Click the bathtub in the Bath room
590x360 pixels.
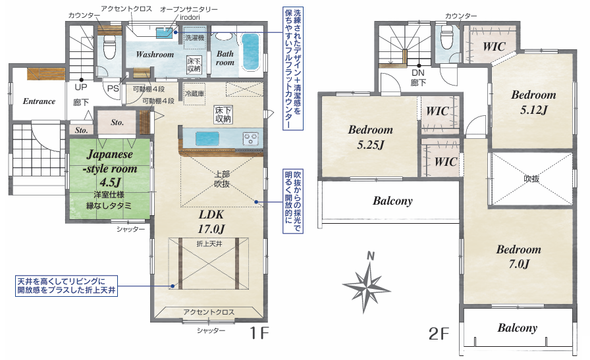coord(250,51)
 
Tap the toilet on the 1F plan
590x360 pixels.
coord(109,47)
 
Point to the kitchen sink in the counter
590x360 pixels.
coord(207,138)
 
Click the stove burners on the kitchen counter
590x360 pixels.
coord(251,138)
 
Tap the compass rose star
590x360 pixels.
coord(367,284)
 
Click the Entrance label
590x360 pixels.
coord(39,101)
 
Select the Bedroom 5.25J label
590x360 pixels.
coord(371,137)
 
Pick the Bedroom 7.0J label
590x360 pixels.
coord(518,257)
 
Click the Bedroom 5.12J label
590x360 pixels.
coord(533,102)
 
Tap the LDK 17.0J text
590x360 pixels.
coord(211,222)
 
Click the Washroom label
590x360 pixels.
coord(155,54)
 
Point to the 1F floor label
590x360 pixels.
coord(259,333)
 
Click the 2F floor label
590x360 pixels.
coord(439,333)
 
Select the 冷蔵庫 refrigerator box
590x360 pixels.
coord(194,94)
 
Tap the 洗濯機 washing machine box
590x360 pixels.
coord(195,38)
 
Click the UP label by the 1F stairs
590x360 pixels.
coord(81,88)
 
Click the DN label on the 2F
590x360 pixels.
coord(418,72)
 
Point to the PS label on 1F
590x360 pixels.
coord(113,89)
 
